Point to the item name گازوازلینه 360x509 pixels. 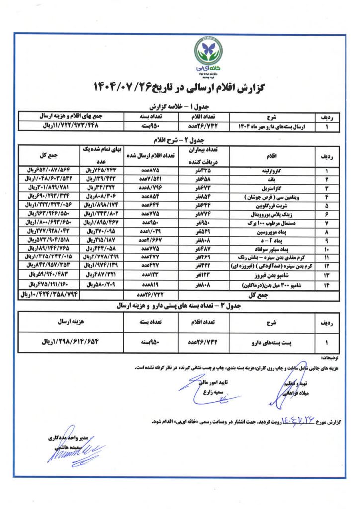click(x=267, y=170)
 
